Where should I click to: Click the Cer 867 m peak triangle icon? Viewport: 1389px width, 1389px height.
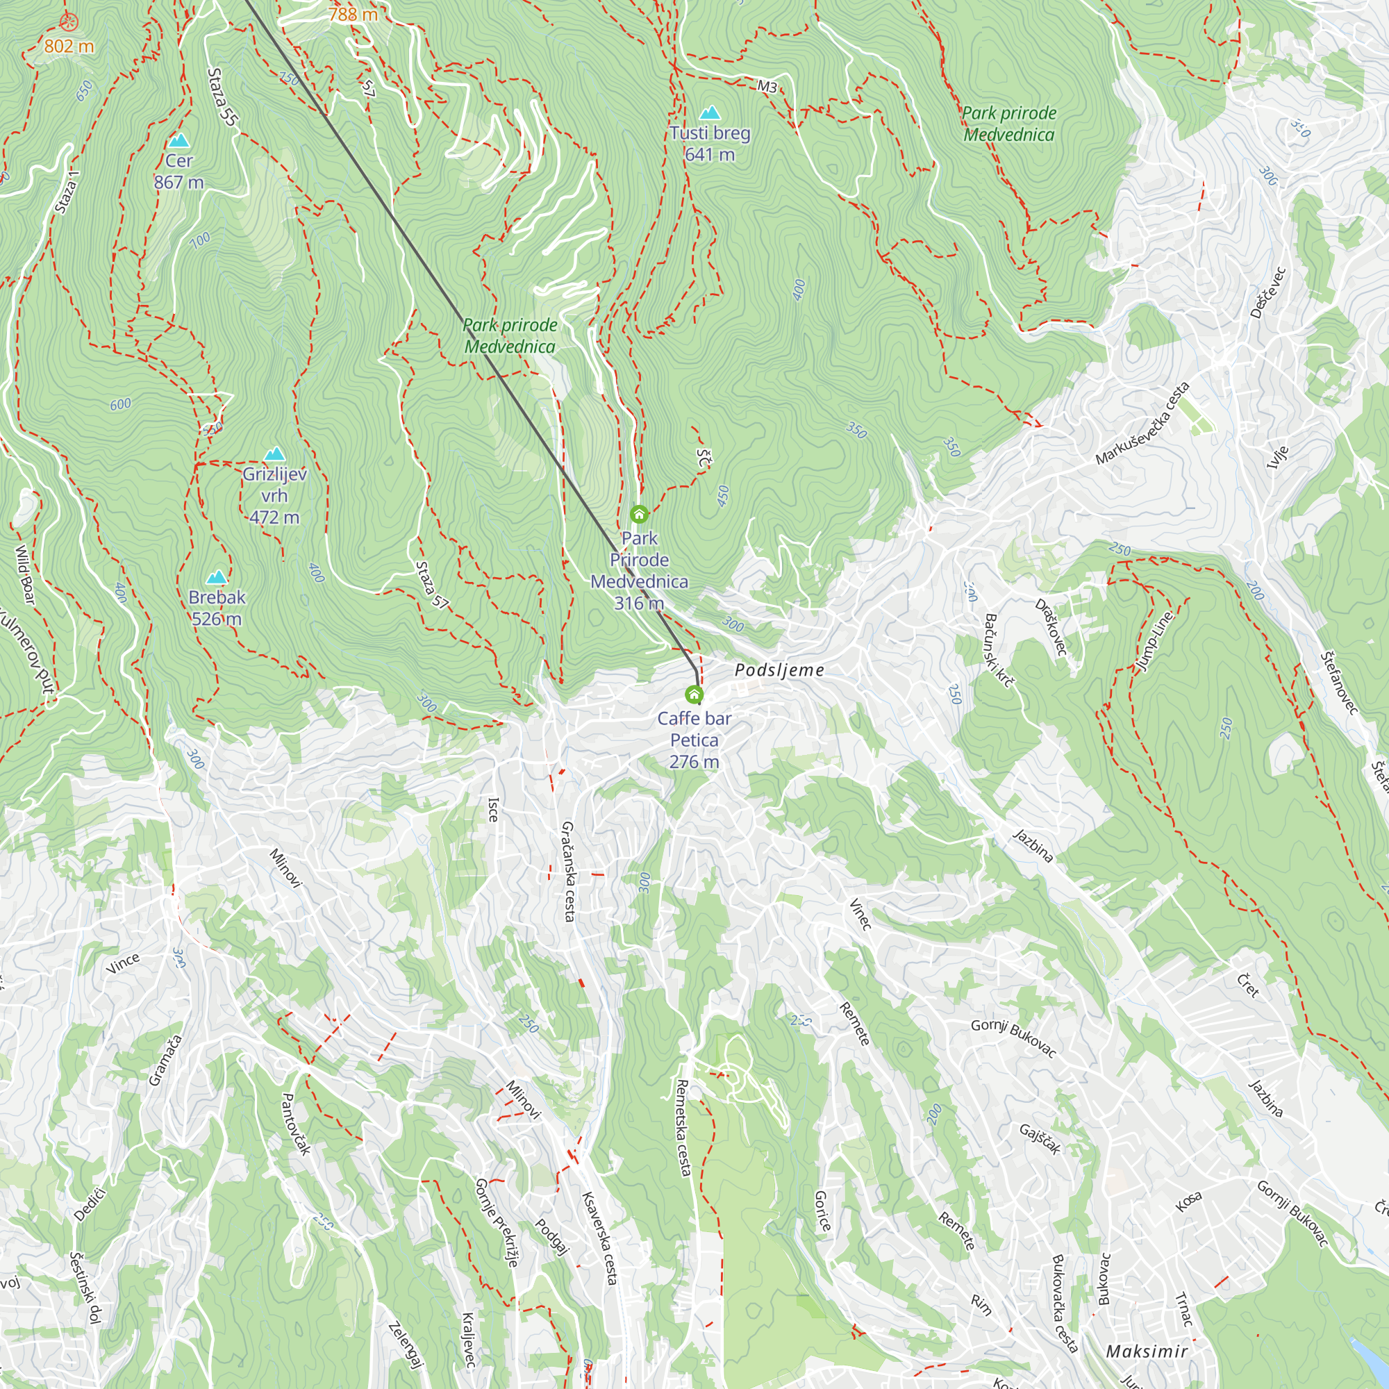point(178,140)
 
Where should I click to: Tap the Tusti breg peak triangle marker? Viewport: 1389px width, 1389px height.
point(710,113)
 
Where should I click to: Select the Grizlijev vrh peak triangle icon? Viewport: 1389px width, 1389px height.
point(274,454)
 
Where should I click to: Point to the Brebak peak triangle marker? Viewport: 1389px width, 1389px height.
point(217,577)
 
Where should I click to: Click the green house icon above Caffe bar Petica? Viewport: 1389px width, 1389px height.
point(694,694)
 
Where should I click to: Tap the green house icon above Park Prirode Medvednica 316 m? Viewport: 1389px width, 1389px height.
point(639,514)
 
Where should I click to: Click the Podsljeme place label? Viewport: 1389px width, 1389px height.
point(779,670)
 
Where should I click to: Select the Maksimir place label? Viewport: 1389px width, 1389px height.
point(1147,1351)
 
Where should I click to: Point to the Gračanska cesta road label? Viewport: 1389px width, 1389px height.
point(568,871)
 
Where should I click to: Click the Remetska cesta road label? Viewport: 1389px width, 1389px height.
point(683,1127)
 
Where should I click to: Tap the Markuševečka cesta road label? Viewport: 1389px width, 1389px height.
point(1142,424)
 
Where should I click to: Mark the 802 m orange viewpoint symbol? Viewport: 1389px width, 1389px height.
point(68,22)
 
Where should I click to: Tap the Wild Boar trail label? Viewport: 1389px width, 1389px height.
point(25,575)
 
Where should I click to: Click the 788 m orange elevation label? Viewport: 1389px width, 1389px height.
point(353,14)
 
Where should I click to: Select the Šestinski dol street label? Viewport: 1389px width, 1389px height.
point(85,1288)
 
